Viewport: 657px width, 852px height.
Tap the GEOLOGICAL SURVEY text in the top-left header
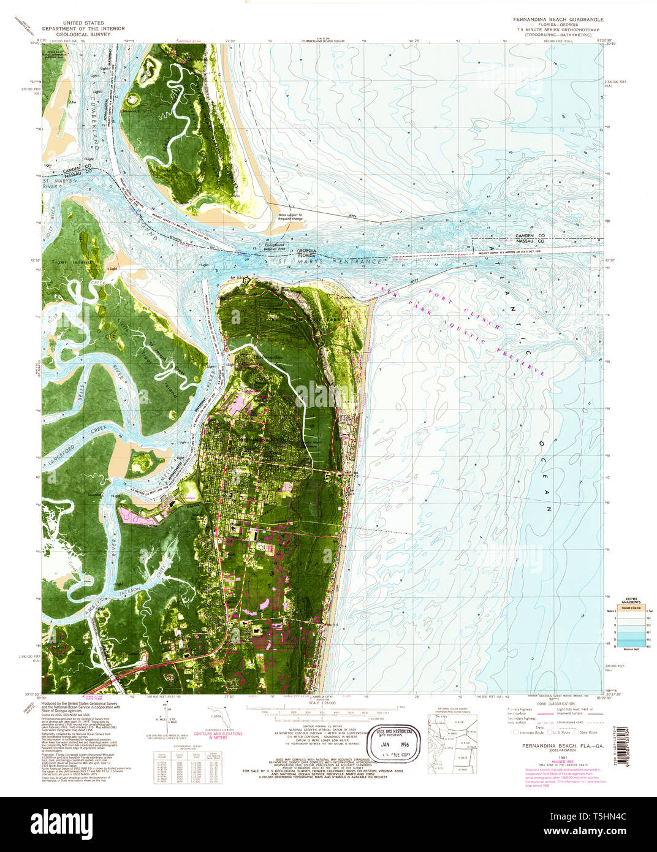pos(82,34)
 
